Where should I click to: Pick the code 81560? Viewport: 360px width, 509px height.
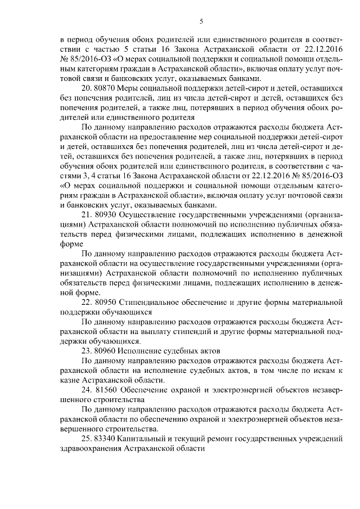click(107, 389)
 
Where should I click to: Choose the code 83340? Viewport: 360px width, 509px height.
click(107, 437)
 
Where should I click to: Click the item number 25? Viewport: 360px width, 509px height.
click(87, 437)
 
